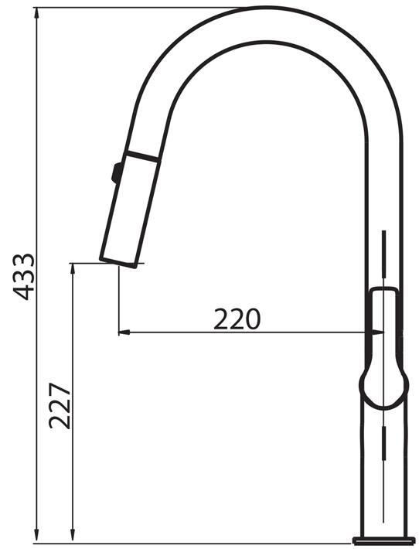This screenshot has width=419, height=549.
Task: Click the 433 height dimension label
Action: pos(23,277)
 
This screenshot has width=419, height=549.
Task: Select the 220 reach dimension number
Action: pos(237,319)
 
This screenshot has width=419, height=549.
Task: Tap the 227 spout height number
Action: pos(60,406)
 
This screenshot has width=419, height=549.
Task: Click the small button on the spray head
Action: pos(117,172)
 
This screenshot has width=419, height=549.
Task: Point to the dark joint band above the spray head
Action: pos(143,156)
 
